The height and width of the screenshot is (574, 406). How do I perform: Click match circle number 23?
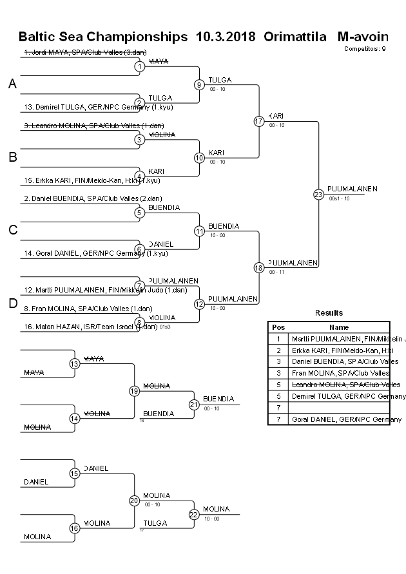(318, 194)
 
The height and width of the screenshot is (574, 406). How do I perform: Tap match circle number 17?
(259, 121)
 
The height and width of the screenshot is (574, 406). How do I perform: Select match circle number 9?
(200, 84)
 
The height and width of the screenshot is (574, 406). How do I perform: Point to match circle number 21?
(193, 404)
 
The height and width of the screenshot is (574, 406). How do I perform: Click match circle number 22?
(193, 514)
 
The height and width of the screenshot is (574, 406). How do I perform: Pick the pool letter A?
(12, 84)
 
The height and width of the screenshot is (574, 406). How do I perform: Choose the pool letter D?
(12, 303)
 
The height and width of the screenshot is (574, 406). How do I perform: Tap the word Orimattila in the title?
(295, 36)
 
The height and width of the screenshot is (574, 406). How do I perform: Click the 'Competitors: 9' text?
(365, 48)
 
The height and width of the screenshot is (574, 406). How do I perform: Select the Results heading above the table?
(329, 312)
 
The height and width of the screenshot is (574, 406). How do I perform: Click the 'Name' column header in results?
(339, 327)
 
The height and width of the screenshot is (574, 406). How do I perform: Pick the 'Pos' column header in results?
(278, 327)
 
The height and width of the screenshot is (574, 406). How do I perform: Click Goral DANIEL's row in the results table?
(347, 419)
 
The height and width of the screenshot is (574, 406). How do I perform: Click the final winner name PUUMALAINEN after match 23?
(352, 189)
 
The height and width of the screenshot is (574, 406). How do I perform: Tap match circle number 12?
(200, 303)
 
